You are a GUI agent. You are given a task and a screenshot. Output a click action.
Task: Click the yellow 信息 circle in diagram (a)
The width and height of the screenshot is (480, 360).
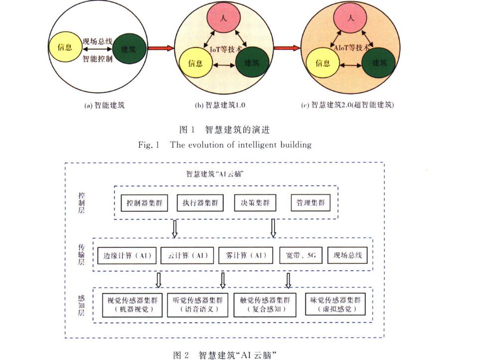[x=65, y=47]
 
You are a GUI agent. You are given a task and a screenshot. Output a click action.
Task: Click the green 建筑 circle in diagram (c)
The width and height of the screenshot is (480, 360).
[x=383, y=63]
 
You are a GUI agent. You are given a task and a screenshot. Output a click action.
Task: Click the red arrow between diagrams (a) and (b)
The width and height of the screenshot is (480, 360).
[x=160, y=49]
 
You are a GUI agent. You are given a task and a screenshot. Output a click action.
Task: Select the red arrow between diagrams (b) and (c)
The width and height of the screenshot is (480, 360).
[x=288, y=49]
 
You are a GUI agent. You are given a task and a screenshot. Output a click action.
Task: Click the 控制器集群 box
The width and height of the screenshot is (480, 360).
[x=145, y=202]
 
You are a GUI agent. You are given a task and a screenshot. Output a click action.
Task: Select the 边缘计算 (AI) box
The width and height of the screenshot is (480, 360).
[x=127, y=256]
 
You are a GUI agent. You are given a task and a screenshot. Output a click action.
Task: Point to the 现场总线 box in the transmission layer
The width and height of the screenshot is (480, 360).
[x=348, y=256]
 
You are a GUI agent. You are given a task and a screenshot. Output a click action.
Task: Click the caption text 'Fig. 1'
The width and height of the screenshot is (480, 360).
[x=148, y=145]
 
